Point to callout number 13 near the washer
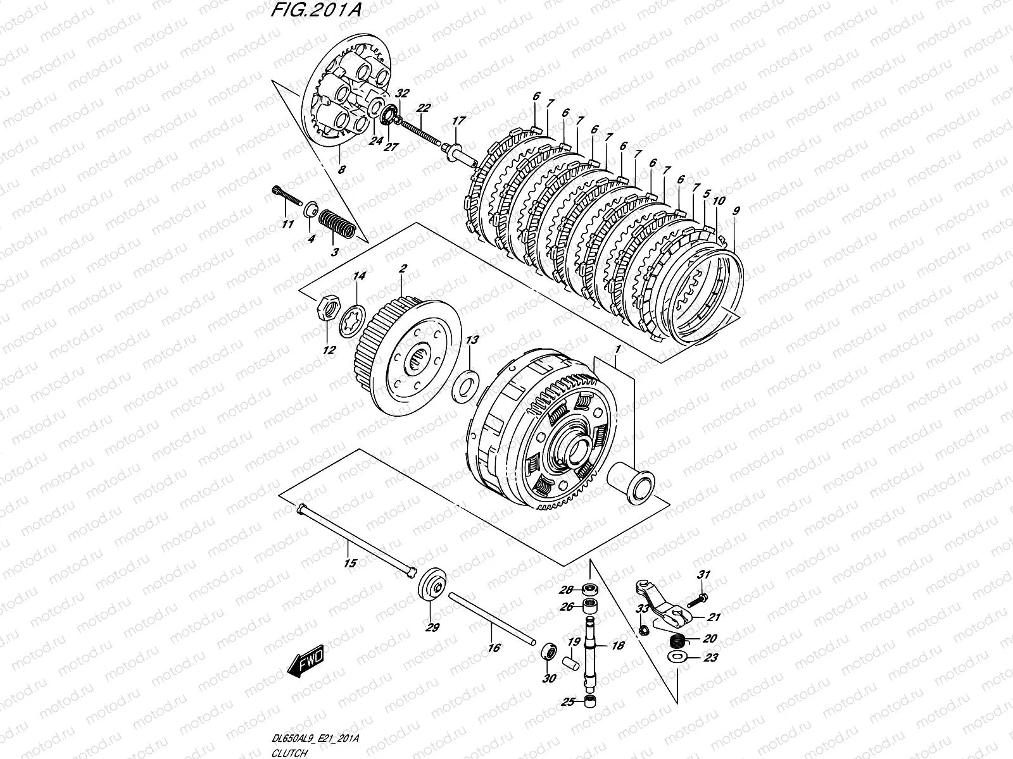pos(472,340)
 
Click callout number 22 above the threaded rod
pos(424,108)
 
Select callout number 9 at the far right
pos(735,211)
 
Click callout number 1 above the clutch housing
pos(617,349)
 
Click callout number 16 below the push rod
pos(494,648)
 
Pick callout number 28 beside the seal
pos(567,589)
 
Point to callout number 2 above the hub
pos(401,270)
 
